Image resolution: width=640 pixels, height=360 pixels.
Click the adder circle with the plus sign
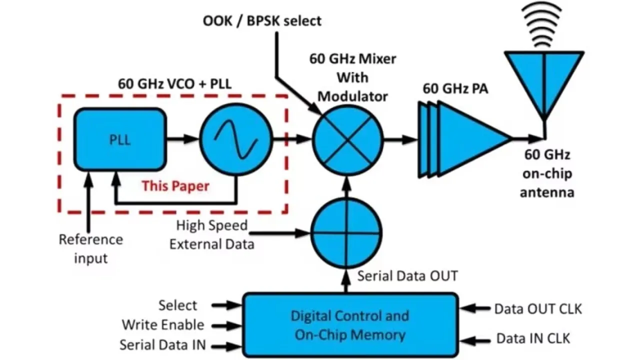click(x=346, y=232)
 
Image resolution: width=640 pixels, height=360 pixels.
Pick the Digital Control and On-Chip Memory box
click(x=350, y=325)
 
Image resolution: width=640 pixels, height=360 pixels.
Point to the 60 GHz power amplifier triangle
click(x=470, y=138)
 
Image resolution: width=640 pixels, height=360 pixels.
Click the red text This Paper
click(x=175, y=186)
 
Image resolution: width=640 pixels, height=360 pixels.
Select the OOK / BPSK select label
click(x=262, y=21)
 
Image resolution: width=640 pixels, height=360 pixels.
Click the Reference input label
click(x=91, y=248)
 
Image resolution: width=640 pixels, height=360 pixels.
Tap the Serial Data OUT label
click(x=407, y=275)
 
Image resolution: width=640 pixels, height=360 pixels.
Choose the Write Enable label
click(x=163, y=325)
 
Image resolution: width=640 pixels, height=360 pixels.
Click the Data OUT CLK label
click(x=538, y=309)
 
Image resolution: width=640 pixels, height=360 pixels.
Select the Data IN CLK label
click(x=533, y=338)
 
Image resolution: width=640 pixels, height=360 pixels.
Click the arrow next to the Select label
click(x=226, y=304)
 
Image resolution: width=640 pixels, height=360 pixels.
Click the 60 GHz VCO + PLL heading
click(x=174, y=83)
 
